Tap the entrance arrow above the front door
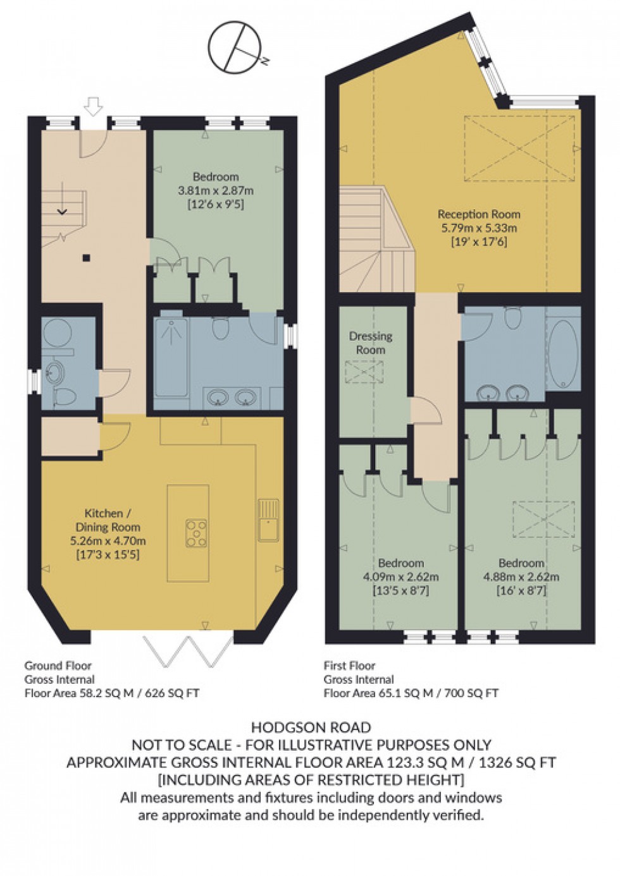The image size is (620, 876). pos(93,107)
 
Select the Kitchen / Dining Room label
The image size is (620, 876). pos(113,520)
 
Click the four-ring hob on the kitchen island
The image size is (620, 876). pos(197,532)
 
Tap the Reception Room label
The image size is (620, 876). pos(479,214)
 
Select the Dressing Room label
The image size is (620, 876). pos(371,343)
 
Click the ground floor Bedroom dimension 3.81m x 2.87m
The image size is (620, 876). pos(216,190)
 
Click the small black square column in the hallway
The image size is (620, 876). pos(87,257)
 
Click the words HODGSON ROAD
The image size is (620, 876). pos(310,728)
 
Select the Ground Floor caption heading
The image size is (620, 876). pos(58,666)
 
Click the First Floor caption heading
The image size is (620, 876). pos(349,666)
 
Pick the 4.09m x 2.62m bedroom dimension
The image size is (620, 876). pos(400,576)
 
